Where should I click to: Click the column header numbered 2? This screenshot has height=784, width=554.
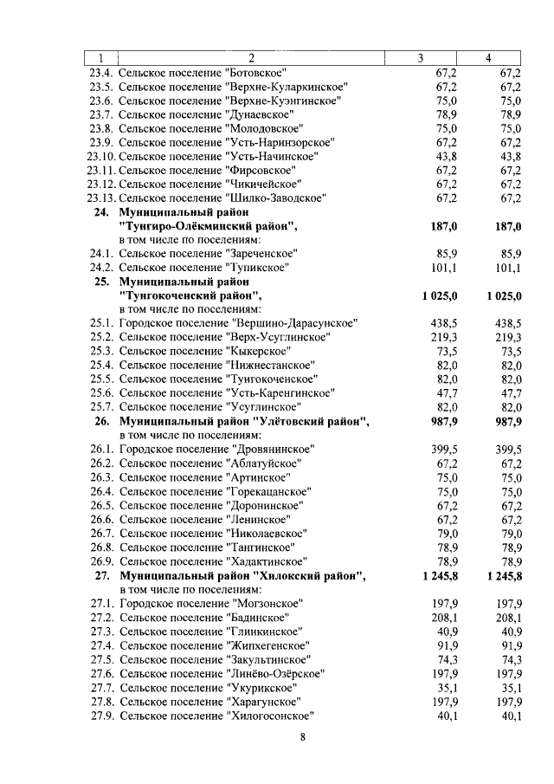coord(250,58)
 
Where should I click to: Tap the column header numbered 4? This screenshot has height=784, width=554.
coord(489,58)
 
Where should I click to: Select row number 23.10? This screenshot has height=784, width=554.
coord(101,156)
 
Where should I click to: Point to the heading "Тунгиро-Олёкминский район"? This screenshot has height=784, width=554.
coord(208,226)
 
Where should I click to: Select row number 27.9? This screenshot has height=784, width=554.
coord(101,716)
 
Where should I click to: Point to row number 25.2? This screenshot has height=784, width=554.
coord(101,337)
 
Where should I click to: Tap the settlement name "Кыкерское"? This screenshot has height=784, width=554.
coord(257,351)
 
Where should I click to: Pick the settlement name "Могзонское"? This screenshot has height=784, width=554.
coord(269,603)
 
